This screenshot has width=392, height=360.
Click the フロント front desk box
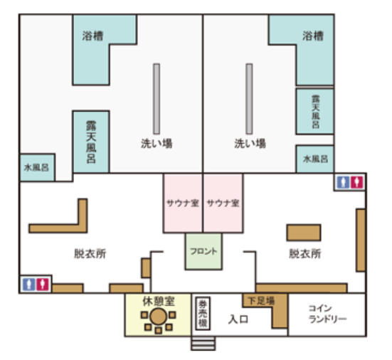pos(203,251)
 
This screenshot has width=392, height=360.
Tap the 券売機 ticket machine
pos(203,313)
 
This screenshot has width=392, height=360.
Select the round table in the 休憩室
pos(158,317)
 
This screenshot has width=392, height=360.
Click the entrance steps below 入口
pos(203,343)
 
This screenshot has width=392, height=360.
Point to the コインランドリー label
pos(327,314)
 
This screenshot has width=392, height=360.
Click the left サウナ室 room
pos(183,203)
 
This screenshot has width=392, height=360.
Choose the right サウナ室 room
pos(223,203)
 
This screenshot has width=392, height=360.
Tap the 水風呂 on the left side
pos(37,167)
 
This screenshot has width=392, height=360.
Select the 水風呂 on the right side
pos(315,159)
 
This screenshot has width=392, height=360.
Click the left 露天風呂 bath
pos(91,142)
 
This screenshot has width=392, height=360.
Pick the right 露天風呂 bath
pos(315,112)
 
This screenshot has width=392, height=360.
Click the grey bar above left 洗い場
pos(157,99)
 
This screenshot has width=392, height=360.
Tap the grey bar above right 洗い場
pos(249,99)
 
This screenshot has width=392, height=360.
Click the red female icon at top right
pos(356,182)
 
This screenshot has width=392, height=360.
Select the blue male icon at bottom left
pos(29,285)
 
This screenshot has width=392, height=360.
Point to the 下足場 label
pos(261,300)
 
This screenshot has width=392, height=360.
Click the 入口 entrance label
pos(238,319)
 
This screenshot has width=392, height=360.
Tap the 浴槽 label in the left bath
pos(92,36)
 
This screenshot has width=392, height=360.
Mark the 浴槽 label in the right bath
pos(313,36)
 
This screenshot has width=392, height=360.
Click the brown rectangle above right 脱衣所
pos(304,233)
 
